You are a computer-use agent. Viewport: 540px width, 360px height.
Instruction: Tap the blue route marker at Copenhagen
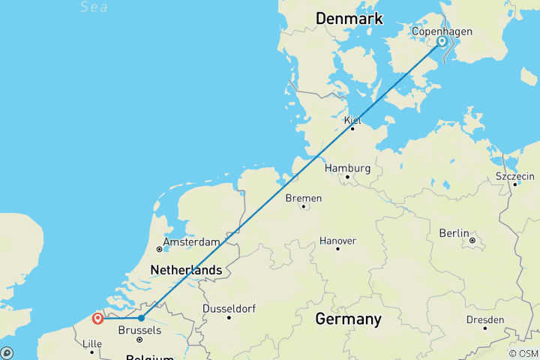(x=442, y=43)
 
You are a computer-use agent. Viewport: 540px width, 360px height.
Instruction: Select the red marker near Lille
(x=97, y=319)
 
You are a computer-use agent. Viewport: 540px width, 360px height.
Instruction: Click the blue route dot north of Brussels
(x=141, y=318)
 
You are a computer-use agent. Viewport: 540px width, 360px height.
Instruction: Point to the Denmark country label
(x=349, y=18)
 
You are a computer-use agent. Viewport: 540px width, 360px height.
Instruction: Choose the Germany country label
(x=348, y=319)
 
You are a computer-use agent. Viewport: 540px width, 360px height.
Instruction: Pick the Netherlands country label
(x=186, y=269)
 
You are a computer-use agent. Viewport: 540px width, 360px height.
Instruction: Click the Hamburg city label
(x=348, y=168)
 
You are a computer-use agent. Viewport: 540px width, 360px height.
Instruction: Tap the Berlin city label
(x=454, y=233)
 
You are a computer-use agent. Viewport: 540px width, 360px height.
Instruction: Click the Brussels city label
(x=139, y=329)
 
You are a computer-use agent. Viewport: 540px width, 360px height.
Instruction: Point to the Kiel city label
(x=352, y=120)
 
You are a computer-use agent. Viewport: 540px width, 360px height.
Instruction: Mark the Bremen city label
(x=303, y=198)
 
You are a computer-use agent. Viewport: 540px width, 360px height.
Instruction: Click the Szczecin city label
(x=515, y=176)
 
